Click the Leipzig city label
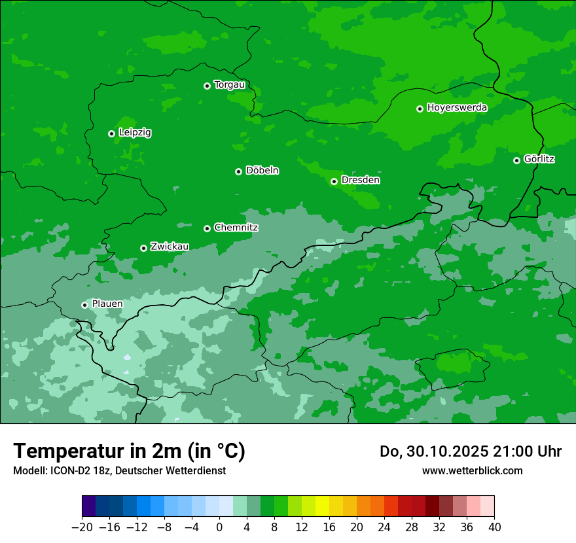point(135,133)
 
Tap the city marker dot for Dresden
point(334,181)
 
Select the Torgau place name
point(230,85)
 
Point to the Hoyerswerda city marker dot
point(420,109)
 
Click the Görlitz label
point(539,159)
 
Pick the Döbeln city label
point(262,171)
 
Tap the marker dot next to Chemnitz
point(207,228)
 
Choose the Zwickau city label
point(170,247)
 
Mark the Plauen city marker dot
point(84,305)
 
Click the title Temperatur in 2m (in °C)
point(129,451)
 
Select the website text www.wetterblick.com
point(472,470)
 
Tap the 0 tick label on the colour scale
point(219,527)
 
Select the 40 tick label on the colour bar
point(494,527)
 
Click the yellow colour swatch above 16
point(322,506)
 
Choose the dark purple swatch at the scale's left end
point(88,506)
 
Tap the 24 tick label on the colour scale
point(384,527)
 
